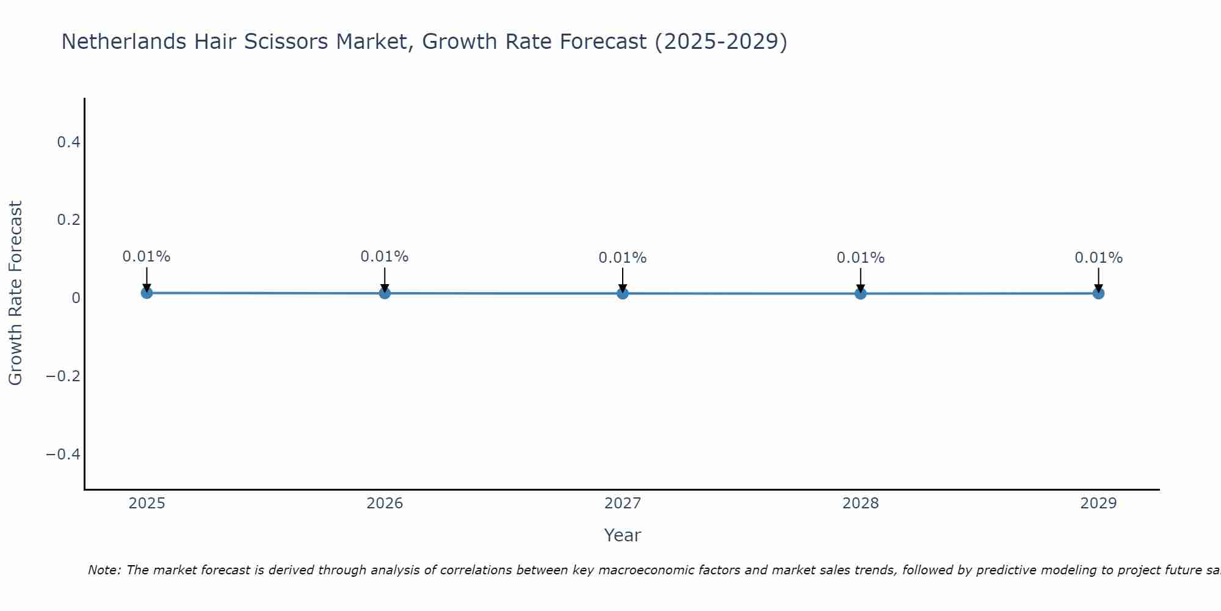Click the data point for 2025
point(147,293)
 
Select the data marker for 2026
point(385,293)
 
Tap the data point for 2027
point(623,293)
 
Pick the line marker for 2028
point(860,293)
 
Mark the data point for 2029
point(1098,293)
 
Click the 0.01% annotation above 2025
point(147,257)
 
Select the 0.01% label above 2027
point(623,258)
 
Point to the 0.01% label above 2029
point(1098,258)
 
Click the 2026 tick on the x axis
point(385,503)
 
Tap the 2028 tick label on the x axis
point(860,503)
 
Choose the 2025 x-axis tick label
point(147,503)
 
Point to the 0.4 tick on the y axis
point(68,142)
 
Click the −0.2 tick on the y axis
point(63,376)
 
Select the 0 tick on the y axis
point(76,298)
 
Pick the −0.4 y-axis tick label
point(63,454)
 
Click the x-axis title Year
point(622,535)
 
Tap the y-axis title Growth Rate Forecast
point(15,293)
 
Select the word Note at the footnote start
point(104,570)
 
